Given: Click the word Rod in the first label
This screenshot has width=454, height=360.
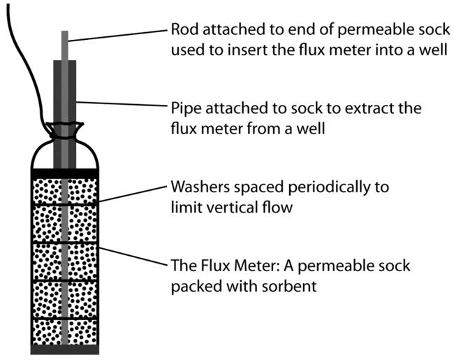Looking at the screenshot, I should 184,31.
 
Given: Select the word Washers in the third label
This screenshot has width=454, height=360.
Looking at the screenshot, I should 196,189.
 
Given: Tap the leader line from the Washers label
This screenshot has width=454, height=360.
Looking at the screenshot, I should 133,195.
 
